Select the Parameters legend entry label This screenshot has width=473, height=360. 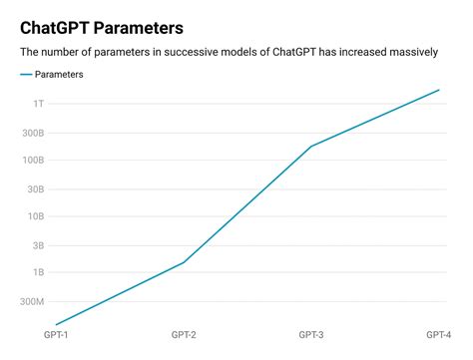point(59,75)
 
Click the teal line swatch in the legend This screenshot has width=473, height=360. point(25,75)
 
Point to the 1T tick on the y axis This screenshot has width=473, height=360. point(38,104)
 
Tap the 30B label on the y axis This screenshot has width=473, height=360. point(36,188)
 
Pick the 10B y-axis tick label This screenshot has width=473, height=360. point(36,216)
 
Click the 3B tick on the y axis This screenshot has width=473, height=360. point(38,244)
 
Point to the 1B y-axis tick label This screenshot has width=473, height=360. point(38,272)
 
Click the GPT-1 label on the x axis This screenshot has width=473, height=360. point(56,334)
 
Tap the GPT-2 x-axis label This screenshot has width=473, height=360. point(184,334)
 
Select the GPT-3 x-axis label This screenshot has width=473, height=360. point(311,334)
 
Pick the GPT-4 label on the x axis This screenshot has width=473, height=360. point(438,334)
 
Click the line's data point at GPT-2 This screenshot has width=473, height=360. point(184,262)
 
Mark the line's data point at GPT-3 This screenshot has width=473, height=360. point(311,147)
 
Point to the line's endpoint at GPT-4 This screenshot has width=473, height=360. point(439,90)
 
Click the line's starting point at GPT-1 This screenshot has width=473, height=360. point(56,324)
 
